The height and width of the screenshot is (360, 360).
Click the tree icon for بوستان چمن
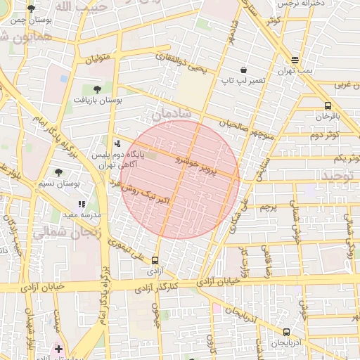(x=32, y=8)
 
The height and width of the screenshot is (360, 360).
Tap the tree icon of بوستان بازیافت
(x=97, y=89)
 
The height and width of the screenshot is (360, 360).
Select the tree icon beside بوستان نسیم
(x=58, y=172)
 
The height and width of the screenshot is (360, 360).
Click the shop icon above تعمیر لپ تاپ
(x=243, y=70)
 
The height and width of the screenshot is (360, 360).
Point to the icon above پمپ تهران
(x=295, y=60)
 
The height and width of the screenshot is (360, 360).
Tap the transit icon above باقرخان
(x=328, y=105)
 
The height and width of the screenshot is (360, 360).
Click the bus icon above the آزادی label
(x=155, y=259)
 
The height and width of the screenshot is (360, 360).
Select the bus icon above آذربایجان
(x=286, y=332)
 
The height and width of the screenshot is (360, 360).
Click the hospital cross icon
(x=58, y=349)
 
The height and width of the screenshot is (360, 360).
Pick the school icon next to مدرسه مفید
(x=81, y=204)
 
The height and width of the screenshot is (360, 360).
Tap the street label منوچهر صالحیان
(x=228, y=127)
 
